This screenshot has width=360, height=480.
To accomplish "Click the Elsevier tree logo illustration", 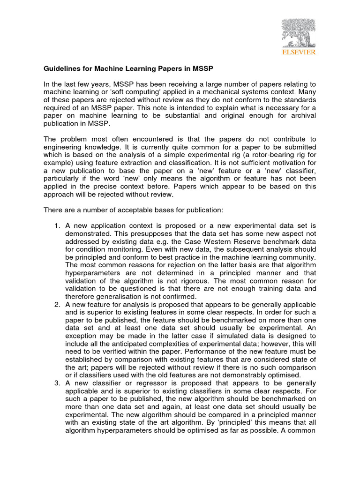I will pyautogui.click(x=298, y=32).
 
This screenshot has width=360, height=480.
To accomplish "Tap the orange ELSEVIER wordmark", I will pyautogui.click(x=298, y=52).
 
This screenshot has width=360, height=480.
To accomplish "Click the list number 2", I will pyautogui.click(x=57, y=305).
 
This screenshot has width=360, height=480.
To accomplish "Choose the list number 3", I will pyautogui.click(x=57, y=382).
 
